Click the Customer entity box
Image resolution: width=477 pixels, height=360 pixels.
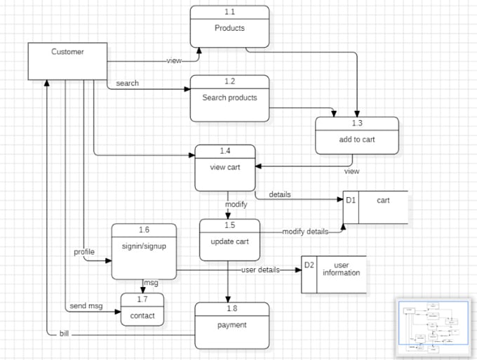[67, 61]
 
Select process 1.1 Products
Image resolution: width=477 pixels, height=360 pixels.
[229, 27]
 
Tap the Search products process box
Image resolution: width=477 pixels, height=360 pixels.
[229, 98]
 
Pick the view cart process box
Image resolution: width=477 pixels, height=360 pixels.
[224, 167]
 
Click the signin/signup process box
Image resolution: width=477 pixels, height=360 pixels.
[144, 246]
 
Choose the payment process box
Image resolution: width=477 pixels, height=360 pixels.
[231, 325]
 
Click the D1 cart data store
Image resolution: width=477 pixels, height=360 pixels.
[375, 207]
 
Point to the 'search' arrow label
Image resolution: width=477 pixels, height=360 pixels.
[127, 83]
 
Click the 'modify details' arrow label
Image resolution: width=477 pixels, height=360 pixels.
[305, 231]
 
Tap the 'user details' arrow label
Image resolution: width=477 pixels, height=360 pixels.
[260, 269]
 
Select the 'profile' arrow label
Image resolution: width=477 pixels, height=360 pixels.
[83, 251]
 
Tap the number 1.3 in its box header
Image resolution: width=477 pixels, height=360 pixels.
[357, 124]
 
